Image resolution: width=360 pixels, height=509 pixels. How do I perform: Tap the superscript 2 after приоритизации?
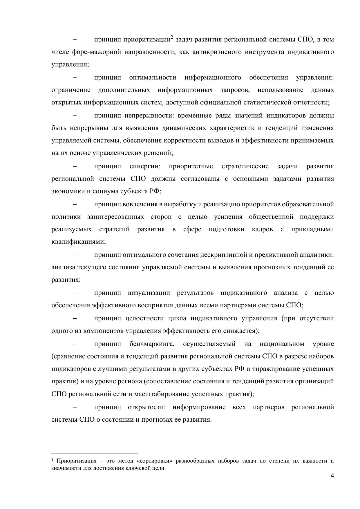pyautogui.click(x=172, y=37)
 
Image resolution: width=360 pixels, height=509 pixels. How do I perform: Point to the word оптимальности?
pyautogui.click(x=153, y=77)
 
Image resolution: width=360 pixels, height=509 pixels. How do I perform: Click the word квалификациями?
pyautogui.click(x=78, y=242)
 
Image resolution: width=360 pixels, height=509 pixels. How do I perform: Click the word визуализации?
pyautogui.click(x=149, y=293)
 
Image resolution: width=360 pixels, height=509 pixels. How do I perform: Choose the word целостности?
pyautogui.click(x=143, y=318)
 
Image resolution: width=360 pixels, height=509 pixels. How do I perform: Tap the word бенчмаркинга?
pyautogui.click(x=152, y=344)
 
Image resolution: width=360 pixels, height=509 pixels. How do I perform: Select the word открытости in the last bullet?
pyautogui.click(x=146, y=407)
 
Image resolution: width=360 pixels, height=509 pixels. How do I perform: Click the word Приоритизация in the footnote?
pyautogui.click(x=76, y=461)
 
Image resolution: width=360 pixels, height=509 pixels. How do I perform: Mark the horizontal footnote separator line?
pyautogui.click(x=95, y=453)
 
